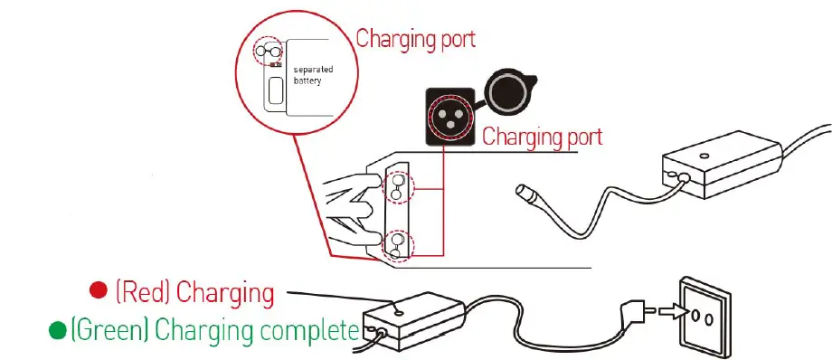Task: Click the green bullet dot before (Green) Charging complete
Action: point(56,330)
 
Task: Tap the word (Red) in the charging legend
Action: point(144,292)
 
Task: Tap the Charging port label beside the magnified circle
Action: point(415,39)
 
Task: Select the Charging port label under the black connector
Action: point(542,137)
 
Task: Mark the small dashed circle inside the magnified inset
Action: point(269,52)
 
